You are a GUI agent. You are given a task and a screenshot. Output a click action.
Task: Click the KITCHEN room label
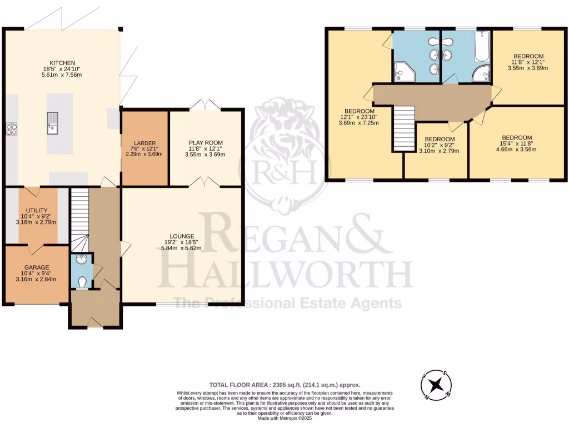pyautogui.click(x=62, y=62)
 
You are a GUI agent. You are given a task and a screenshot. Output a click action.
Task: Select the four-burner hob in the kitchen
pyautogui.click(x=11, y=129)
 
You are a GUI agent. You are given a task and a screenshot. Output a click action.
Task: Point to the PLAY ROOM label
pyautogui.click(x=205, y=143)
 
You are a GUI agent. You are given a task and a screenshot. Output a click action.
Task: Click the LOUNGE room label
pyautogui.click(x=182, y=236)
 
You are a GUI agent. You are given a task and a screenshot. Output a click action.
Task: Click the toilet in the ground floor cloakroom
pyautogui.click(x=82, y=282)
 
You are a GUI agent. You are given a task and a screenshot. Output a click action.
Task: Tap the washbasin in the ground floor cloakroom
pyautogui.click(x=82, y=259)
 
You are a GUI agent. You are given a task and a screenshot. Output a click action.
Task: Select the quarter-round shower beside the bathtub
pyautogui.click(x=481, y=75)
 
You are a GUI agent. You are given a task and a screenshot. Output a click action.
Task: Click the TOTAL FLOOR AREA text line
pyautogui.click(x=284, y=384)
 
